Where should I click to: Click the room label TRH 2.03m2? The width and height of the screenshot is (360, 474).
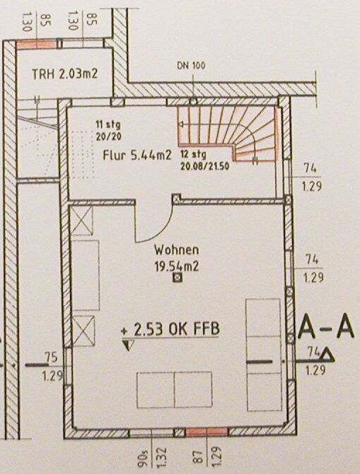coord(64,74)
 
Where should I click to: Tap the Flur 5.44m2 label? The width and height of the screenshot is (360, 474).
coord(137,156)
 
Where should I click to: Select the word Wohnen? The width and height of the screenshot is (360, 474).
coord(177,250)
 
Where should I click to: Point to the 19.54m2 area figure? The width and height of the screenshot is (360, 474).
coord(177,267)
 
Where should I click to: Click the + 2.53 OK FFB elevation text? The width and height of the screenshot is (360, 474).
coord(170,329)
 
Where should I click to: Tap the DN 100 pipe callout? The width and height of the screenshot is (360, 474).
coord(191,66)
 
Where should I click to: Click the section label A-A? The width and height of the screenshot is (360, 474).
coord(326,327)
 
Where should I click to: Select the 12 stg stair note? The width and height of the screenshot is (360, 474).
coord(194,155)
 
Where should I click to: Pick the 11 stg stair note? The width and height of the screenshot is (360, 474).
coord(108,125)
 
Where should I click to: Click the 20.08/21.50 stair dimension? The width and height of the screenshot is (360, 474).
coord(204,166)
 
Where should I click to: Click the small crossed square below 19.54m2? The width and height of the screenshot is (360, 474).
coord(178,277)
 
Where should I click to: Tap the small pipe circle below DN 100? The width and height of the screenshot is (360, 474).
coord(193,102)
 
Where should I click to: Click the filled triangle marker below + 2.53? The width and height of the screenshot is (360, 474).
coord(128,345)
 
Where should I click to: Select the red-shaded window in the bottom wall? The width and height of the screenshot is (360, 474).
coord(207,432)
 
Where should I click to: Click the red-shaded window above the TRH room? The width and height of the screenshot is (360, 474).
coord(36,44)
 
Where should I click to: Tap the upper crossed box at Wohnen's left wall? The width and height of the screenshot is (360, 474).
coord(81,220)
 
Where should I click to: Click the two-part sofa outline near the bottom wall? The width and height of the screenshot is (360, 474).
coord(175,390)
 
